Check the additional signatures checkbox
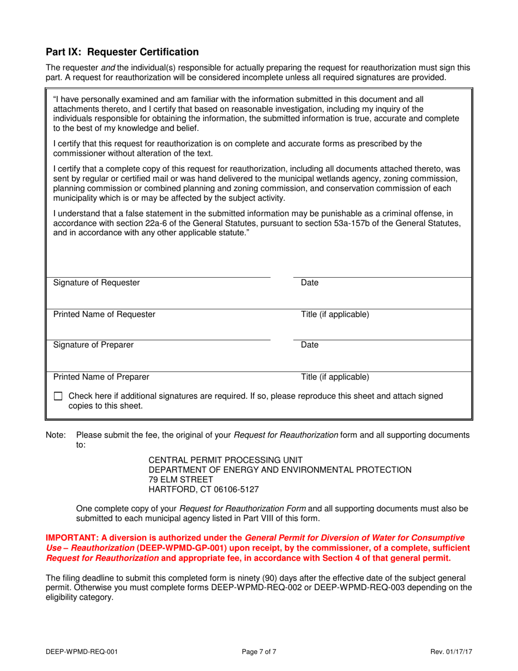[59, 397]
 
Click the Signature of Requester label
[97, 283]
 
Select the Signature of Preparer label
[93, 345]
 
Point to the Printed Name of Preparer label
[101, 376]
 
